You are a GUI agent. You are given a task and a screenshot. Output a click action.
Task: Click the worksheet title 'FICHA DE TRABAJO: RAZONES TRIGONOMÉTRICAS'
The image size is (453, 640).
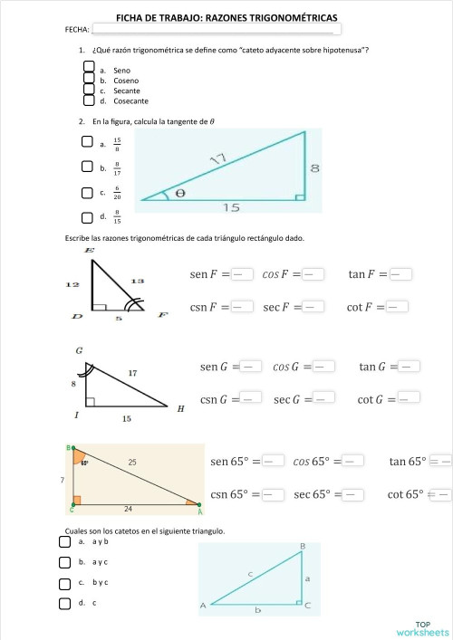226,17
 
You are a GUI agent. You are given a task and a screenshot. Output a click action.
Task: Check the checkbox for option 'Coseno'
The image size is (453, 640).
89,79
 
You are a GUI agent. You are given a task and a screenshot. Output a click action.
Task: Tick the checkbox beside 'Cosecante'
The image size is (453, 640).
89,100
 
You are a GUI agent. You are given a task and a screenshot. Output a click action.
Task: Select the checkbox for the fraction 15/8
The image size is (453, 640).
87,141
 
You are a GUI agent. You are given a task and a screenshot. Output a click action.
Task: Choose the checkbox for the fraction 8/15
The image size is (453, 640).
87,216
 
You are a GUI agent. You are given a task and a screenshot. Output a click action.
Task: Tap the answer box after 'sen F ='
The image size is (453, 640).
240,274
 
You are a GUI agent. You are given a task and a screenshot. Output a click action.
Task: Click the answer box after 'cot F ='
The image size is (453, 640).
398,307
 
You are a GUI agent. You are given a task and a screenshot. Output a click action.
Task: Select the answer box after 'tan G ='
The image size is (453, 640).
410,366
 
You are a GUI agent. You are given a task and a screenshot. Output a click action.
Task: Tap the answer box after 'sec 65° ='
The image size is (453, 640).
353,494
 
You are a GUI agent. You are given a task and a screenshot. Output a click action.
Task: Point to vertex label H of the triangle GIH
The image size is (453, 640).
180,408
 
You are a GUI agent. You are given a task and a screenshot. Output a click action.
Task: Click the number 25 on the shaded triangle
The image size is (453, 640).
132,463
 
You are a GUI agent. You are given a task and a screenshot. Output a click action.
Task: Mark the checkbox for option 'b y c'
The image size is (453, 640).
64,582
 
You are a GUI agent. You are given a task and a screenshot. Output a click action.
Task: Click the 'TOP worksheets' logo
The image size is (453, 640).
422,628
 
